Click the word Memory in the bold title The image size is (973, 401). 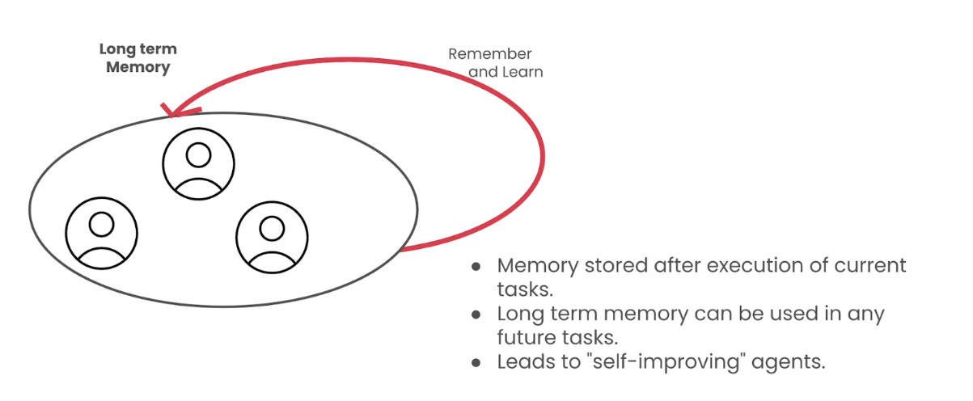137,67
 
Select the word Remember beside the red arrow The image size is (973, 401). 490,54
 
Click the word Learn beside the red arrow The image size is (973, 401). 522,72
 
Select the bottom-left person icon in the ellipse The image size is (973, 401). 101,233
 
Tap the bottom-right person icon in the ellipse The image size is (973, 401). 272,234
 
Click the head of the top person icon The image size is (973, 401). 198,154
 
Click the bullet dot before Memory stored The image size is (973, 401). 477,266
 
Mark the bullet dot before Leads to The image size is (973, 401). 477,361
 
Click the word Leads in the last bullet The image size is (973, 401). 522,361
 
